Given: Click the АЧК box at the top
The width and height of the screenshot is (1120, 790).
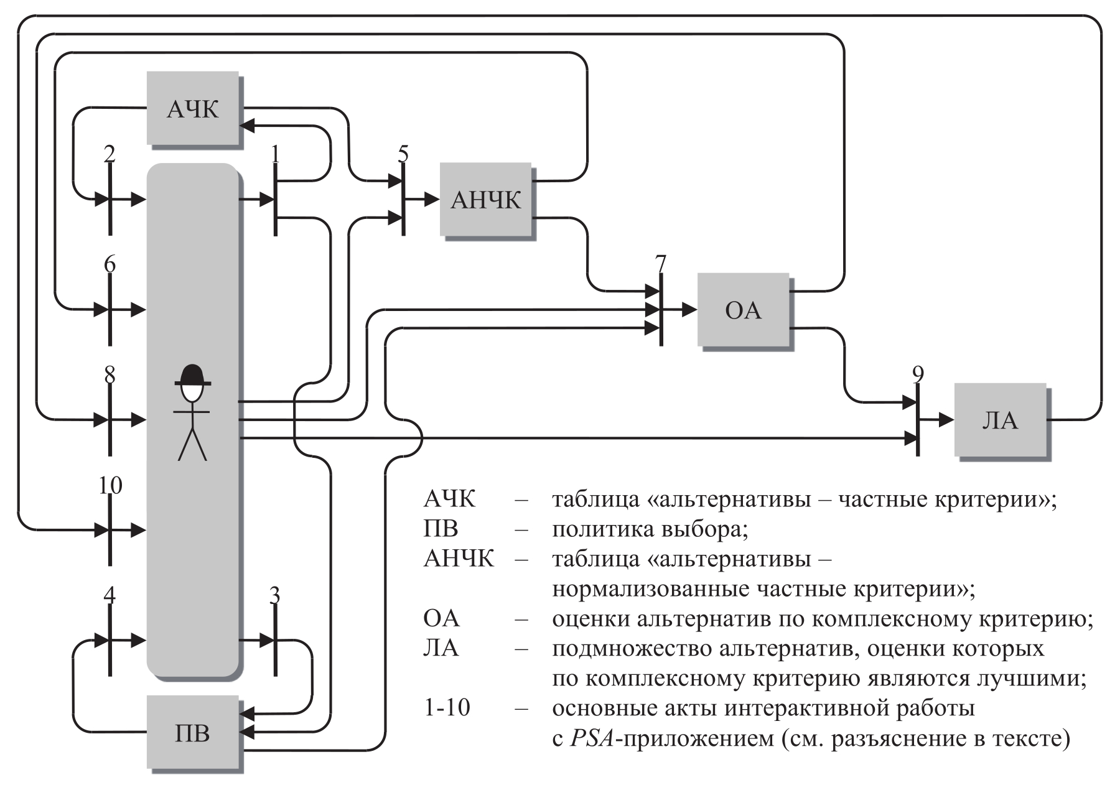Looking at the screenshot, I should point(193,109).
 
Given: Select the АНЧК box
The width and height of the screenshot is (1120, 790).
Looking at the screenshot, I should point(486,200).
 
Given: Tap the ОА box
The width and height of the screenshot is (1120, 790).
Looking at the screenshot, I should point(743,310).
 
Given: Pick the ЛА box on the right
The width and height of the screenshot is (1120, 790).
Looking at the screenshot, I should point(1000,420).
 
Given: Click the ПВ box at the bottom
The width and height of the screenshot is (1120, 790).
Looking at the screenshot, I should point(193,733).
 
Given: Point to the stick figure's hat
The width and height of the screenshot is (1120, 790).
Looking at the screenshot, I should point(192,375).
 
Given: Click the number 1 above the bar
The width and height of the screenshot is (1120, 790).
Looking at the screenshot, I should point(275,154).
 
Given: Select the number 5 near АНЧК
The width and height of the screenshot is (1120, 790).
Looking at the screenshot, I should point(403,154).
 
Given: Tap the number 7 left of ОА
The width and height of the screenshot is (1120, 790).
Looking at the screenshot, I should point(661,264).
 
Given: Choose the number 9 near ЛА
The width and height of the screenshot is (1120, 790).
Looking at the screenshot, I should point(918,374).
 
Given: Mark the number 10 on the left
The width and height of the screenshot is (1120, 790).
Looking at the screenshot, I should point(110,485).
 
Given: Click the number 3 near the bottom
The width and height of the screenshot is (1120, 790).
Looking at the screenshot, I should point(274,595).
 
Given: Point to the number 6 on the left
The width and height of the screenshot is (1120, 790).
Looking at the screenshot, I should point(110,264).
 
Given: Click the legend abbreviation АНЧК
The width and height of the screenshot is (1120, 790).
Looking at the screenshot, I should point(459,559).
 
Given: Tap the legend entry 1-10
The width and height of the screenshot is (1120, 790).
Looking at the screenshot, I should point(447,708).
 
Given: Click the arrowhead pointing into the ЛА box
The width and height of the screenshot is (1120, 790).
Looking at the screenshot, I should point(946,420).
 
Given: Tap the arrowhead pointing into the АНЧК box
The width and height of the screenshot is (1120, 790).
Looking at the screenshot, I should point(432,200).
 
